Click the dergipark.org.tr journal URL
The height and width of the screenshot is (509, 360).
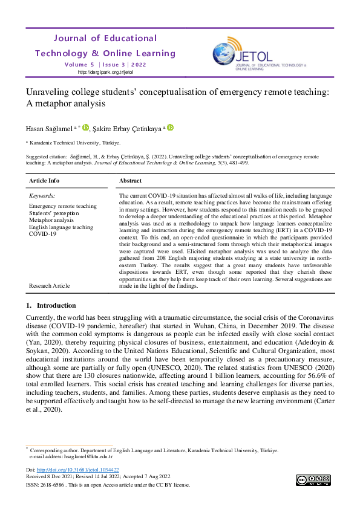[x=105, y=72]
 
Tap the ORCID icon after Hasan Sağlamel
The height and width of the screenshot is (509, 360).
[x=85, y=127]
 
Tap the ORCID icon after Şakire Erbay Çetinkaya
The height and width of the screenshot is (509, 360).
[x=171, y=127]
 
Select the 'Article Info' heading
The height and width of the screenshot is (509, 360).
[x=44, y=181]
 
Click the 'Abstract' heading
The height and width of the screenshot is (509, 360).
[x=131, y=181]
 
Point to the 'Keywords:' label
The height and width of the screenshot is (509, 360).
[x=42, y=196]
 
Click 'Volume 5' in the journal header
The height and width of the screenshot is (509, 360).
[x=79, y=65]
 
